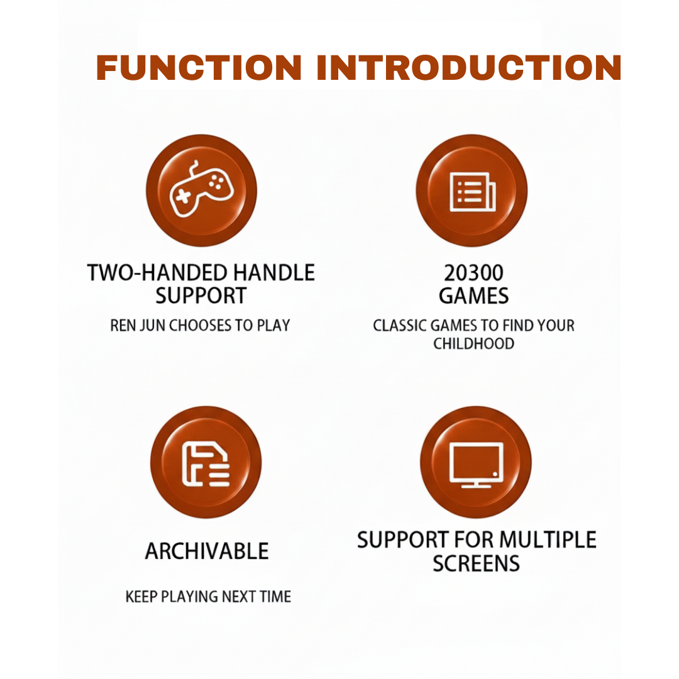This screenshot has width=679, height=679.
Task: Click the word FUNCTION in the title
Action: pyautogui.click(x=199, y=68)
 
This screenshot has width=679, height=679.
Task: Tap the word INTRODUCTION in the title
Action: pyautogui.click(x=469, y=68)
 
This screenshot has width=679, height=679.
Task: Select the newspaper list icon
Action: pyautogui.click(x=473, y=192)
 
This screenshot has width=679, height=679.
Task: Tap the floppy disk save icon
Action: pyautogui.click(x=206, y=464)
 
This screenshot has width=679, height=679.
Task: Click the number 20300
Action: pyautogui.click(x=474, y=273)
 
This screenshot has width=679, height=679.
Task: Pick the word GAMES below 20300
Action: pyautogui.click(x=474, y=296)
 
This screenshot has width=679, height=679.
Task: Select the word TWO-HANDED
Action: pyautogui.click(x=157, y=273)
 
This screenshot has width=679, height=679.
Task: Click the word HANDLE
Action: pyautogui.click(x=274, y=273)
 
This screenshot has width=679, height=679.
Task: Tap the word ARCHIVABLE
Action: pyautogui.click(x=207, y=551)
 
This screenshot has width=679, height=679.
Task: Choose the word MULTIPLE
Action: pyautogui.click(x=548, y=540)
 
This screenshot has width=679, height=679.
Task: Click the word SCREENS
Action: pyautogui.click(x=477, y=563)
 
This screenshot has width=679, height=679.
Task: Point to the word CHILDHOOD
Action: pyautogui.click(x=474, y=344)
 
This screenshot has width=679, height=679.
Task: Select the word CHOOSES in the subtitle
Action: pyautogui.click(x=200, y=326)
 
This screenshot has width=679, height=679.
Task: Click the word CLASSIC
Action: pyautogui.click(x=400, y=326)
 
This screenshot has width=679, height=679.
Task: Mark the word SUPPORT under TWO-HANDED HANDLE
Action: pyautogui.click(x=201, y=296)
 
